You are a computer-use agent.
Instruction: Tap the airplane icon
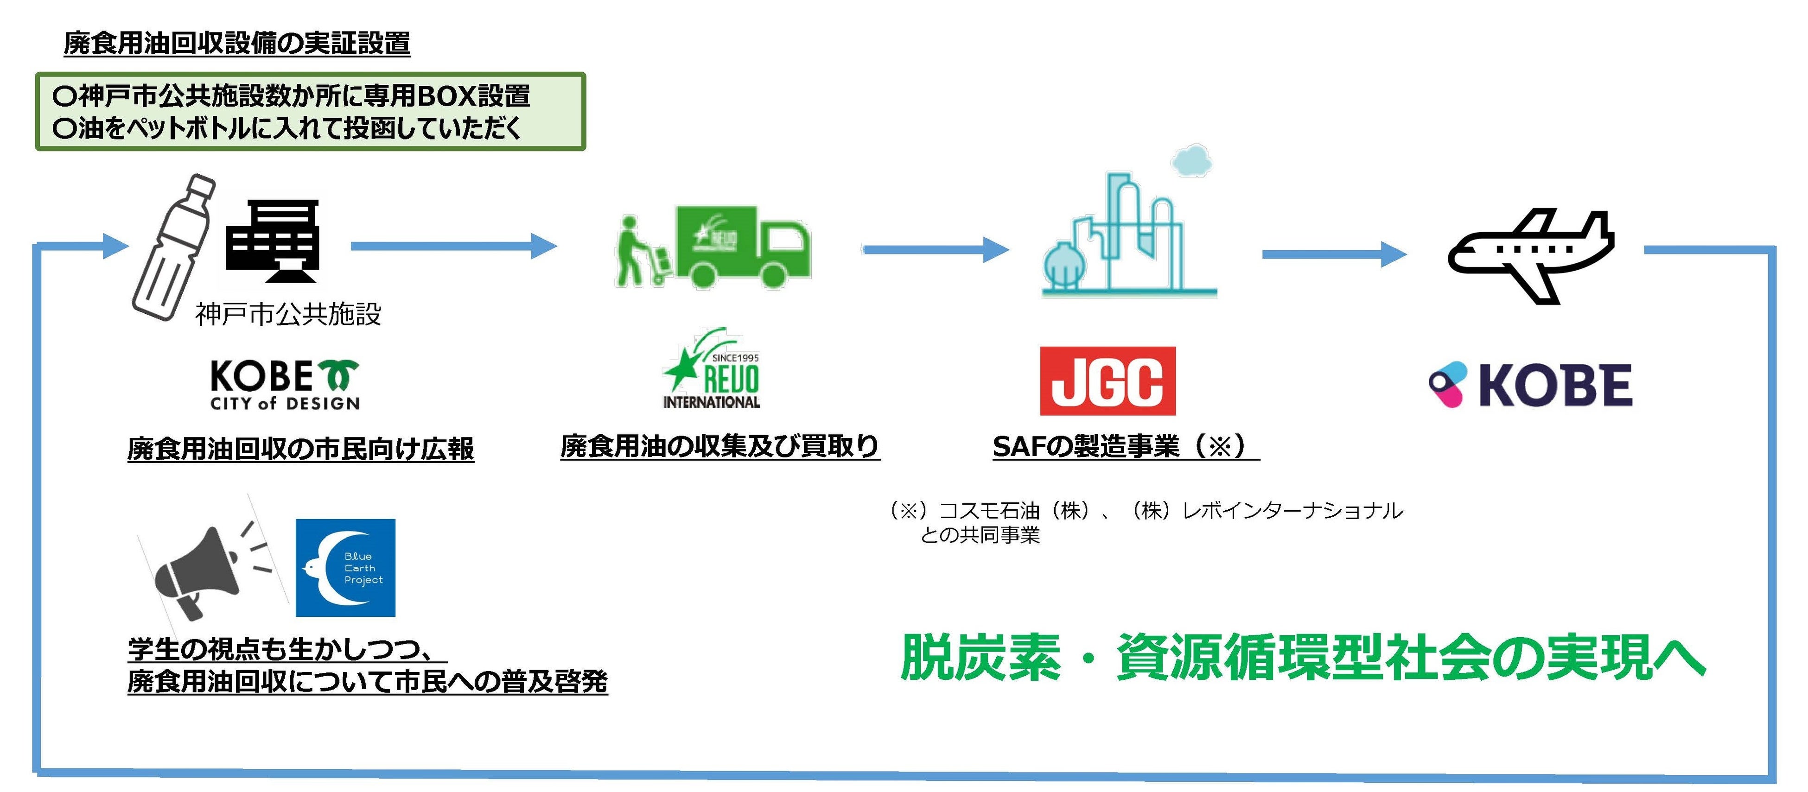tap(1530, 254)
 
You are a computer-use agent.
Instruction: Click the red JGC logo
tap(1108, 381)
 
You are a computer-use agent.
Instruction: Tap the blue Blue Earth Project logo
tap(345, 568)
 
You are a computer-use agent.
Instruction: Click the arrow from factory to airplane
tap(1334, 254)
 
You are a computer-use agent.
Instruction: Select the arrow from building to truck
tap(453, 246)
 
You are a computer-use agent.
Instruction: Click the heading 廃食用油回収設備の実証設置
tap(237, 44)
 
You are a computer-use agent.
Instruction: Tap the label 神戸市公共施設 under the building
tap(288, 314)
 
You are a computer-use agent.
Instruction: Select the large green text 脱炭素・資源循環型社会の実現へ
tap(1302, 657)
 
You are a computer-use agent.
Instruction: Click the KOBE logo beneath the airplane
tap(1530, 385)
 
